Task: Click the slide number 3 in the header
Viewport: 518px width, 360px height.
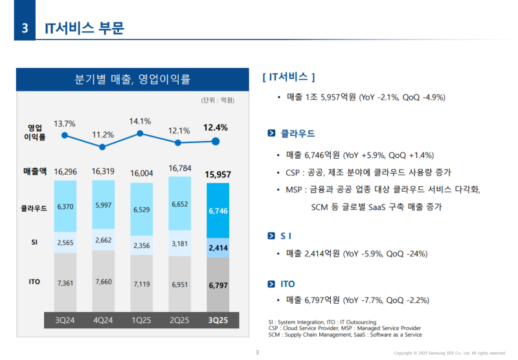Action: click(x=25, y=28)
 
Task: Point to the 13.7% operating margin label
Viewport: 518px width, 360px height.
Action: click(x=65, y=124)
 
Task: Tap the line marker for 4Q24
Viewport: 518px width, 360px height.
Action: click(x=102, y=146)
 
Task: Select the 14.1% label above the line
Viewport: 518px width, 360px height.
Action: click(x=141, y=121)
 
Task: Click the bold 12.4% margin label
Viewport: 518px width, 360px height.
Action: click(x=216, y=128)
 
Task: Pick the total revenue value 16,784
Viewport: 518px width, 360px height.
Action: click(x=179, y=168)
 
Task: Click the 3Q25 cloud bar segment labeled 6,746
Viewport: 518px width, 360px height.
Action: click(x=217, y=210)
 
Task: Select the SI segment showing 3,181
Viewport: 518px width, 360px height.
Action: click(x=179, y=244)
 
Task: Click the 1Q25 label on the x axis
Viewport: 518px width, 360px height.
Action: click(x=141, y=319)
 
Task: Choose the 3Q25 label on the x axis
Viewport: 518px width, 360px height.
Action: click(x=217, y=319)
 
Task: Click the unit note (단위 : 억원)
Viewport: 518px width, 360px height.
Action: click(x=217, y=100)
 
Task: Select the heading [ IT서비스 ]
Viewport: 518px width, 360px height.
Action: click(x=289, y=77)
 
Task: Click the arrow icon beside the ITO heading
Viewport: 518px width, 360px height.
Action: click(x=272, y=284)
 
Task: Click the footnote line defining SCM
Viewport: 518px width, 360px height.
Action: click(x=344, y=335)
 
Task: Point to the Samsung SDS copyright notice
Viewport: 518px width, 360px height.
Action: click(x=449, y=353)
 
